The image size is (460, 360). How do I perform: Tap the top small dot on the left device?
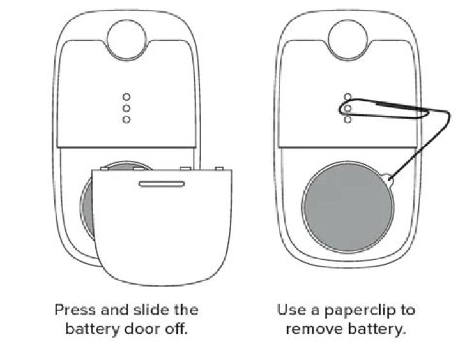coord(126,97)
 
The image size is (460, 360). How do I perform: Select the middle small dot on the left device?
coord(126,109)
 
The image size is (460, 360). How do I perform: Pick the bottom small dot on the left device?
coord(126,120)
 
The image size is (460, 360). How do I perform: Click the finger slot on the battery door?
coord(161,184)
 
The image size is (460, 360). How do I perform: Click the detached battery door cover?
coord(162,230)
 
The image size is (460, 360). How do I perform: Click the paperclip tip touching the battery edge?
coord(389,180)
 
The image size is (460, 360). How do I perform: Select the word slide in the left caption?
coord(149,311)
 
